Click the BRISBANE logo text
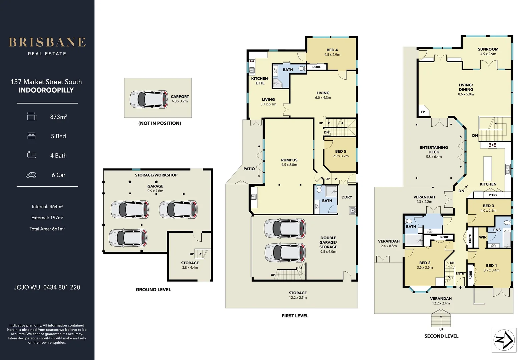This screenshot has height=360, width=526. tap(47, 42)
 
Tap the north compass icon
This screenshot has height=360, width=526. tap(504, 340)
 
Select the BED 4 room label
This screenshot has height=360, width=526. tap(332, 50)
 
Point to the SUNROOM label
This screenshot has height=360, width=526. tap(488, 49)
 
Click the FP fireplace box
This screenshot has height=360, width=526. tap(423, 112)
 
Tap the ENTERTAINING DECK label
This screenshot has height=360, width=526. tap(434, 150)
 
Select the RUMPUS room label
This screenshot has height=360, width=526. tap(289, 160)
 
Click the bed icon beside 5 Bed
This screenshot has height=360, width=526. tap(31, 136)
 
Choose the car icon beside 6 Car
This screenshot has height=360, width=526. tap(31, 175)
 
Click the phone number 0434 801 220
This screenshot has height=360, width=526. tap(62, 287)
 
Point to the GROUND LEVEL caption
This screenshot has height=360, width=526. tap(153, 290)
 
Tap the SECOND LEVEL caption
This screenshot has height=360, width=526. tap(441, 336)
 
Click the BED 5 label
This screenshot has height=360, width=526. tap(341, 151)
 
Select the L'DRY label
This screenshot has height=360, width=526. tap(347, 197)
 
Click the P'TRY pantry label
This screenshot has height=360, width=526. tap(493, 195)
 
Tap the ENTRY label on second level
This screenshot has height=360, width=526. tap(461, 273)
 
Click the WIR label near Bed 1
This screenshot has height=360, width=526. tap(483, 237)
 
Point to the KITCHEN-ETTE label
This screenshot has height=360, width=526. tap(260, 81)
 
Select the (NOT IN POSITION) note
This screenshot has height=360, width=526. tap(159, 123)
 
